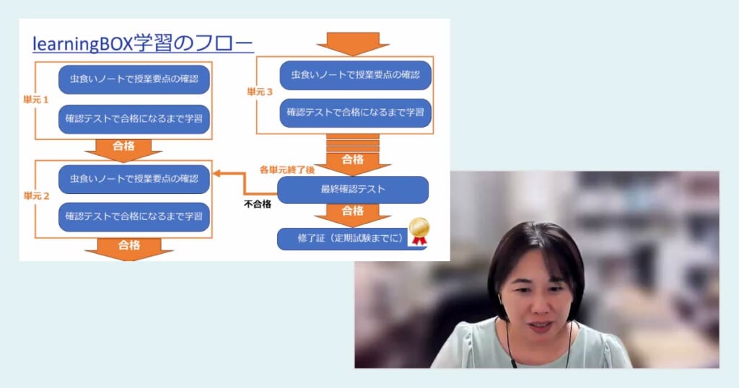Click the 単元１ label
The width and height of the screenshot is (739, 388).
click(36, 100)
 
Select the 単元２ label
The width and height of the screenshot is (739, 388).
click(36, 196)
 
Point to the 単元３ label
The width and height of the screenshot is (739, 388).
click(260, 92)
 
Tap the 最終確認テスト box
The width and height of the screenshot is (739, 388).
click(353, 190)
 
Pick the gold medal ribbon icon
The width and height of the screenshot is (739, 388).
click(418, 231)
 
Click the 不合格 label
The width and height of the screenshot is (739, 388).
click(257, 204)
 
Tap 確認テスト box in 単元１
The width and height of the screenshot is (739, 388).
click(134, 119)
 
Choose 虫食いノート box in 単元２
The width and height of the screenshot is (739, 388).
click(134, 177)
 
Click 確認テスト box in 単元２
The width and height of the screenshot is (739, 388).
click(134, 216)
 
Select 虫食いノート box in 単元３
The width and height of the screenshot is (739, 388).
click(355, 74)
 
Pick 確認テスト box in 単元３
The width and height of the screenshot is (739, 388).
click(355, 113)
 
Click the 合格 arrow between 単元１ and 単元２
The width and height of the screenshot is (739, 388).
click(123, 148)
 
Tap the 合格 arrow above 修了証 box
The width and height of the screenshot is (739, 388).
click(353, 213)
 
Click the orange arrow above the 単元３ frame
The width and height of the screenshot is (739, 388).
click(353, 42)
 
